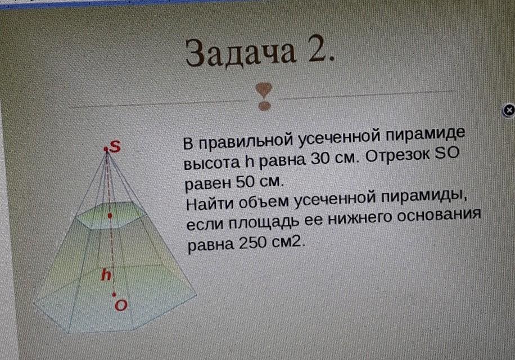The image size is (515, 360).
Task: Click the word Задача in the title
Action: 241,52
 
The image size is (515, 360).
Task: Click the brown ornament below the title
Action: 264,97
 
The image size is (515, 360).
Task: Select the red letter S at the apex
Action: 115,146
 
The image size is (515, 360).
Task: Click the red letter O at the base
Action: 120,305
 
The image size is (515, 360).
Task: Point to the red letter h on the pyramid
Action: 106,274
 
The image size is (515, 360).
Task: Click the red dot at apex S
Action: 106,150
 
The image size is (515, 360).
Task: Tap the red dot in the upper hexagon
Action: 110,215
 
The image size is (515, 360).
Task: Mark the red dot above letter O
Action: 114,295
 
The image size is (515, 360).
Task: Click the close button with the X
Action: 509,110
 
